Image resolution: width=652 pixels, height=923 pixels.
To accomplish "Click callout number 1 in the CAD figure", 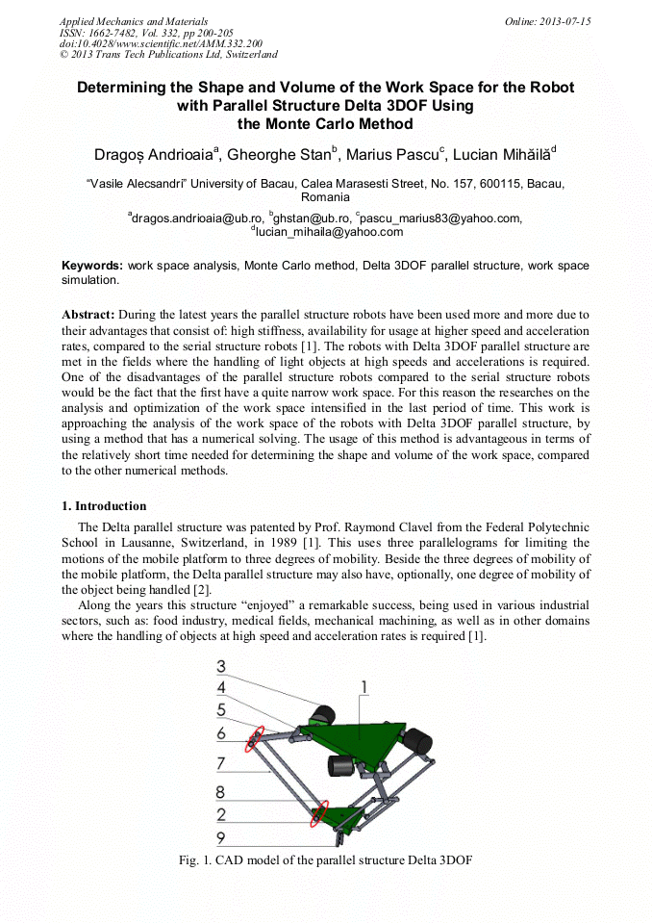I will [364, 685].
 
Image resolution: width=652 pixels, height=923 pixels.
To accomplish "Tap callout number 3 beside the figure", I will [221, 666].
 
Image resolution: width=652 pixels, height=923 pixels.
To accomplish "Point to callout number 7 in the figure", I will [221, 763].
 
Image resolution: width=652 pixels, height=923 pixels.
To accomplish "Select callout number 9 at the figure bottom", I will [221, 837].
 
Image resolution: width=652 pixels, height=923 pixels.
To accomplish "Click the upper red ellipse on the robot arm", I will [256, 739].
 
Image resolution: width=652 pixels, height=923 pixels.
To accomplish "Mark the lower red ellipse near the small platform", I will [319, 813].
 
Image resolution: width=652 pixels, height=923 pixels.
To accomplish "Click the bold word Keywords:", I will [92, 266].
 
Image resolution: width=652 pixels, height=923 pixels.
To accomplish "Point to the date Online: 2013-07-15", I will [547, 21].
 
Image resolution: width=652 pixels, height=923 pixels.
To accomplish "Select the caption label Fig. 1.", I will [196, 859].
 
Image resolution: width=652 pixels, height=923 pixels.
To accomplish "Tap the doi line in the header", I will [161, 44].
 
